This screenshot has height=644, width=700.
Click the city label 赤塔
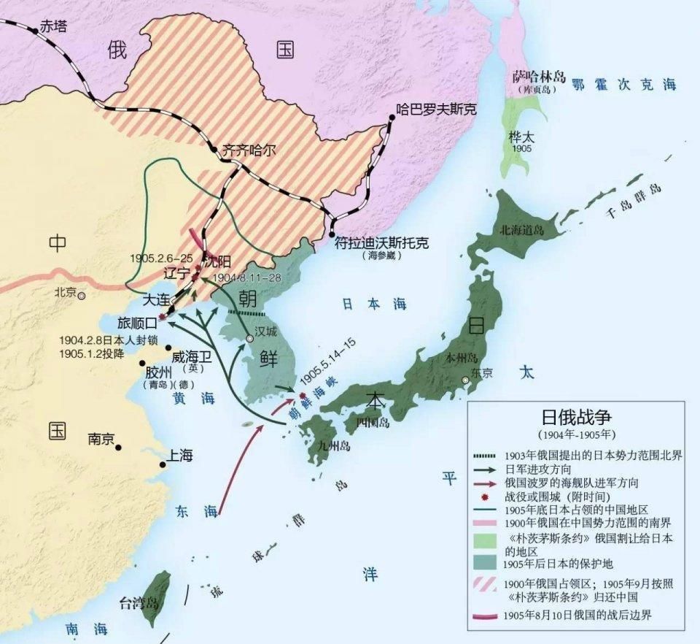(52, 26)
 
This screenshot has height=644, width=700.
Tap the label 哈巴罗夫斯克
(436, 110)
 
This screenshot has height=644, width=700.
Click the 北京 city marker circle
(82, 296)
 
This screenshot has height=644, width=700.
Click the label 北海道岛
(521, 229)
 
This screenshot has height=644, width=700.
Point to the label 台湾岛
(139, 603)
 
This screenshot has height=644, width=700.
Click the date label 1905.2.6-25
(161, 258)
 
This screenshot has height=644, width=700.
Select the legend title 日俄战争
(575, 416)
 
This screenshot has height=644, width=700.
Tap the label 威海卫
(192, 357)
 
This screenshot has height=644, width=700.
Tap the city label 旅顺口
(138, 321)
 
